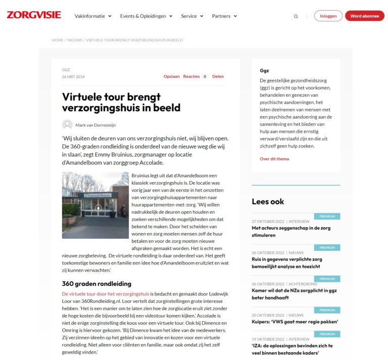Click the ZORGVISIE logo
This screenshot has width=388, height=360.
[34, 15]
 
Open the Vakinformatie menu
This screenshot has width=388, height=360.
[92, 16]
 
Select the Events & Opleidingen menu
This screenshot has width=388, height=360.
[146, 16]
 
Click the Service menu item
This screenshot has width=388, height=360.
[192, 16]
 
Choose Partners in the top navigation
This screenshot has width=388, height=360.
[224, 16]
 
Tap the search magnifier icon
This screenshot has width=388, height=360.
[296, 16]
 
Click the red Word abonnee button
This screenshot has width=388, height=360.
[364, 16]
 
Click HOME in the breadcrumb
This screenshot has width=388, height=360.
[57, 40]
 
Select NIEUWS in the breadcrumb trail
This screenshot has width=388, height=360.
[74, 40]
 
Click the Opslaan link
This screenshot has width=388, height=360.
[171, 77]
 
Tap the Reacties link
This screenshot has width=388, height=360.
[191, 77]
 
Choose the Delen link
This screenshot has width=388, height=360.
[218, 77]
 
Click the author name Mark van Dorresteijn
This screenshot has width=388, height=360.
[95, 125]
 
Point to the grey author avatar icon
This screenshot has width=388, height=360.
[67, 124]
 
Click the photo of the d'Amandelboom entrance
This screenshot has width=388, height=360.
[95, 205]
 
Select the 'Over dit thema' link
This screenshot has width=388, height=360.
[274, 159]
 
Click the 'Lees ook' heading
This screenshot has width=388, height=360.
[268, 201]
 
